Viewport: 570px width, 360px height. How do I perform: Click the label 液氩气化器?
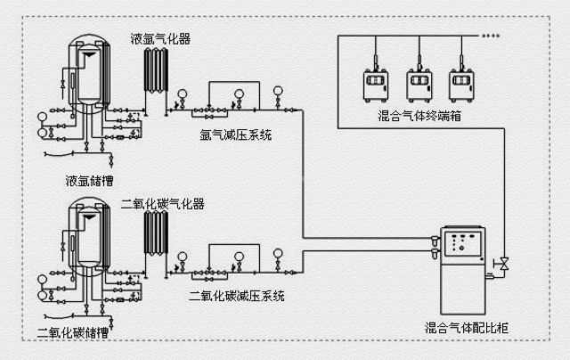point(161,39)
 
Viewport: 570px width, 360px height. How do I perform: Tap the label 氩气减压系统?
point(237,135)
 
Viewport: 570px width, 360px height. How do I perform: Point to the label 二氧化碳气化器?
point(163,204)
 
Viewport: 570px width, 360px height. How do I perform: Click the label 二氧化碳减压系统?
point(237,295)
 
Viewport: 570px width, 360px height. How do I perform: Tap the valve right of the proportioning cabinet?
point(503,263)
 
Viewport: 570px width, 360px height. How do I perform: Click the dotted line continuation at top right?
point(491,37)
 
